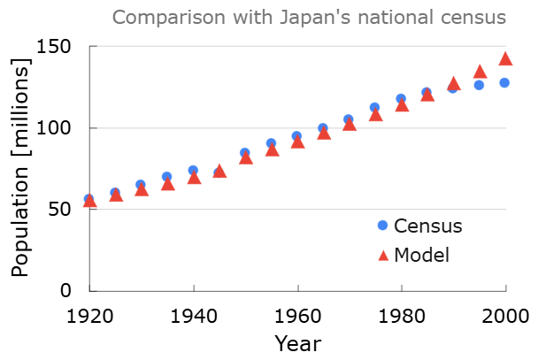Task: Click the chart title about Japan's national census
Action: coord(309,18)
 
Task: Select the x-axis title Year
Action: coord(297,342)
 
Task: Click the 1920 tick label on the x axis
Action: coord(89,315)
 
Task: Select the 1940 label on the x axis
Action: coord(193,315)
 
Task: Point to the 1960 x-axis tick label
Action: coord(297,315)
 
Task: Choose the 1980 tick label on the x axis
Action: coord(402,315)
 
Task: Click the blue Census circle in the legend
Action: coord(383,226)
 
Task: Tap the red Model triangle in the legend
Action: coord(383,255)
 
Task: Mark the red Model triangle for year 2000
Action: coord(506,58)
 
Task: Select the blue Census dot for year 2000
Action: coord(504,82)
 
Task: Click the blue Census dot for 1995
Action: coord(480,85)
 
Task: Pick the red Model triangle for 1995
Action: coord(480,72)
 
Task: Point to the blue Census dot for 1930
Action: coord(141,185)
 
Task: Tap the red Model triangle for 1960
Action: coord(297,142)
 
